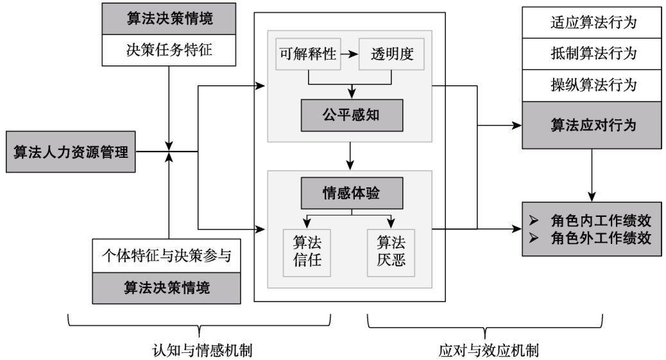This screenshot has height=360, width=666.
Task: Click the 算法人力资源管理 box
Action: pyautogui.click(x=71, y=151)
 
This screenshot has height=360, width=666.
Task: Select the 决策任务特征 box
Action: pyautogui.click(x=169, y=50)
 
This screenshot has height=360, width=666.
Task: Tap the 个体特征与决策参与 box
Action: pyautogui.click(x=167, y=255)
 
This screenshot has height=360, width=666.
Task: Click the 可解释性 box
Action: pyautogui.click(x=308, y=54)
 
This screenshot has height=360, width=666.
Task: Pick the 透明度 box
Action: pyautogui.click(x=391, y=54)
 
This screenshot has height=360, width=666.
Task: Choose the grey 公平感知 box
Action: pyautogui.click(x=352, y=115)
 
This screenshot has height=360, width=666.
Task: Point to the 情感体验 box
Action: pyautogui.click(x=352, y=193)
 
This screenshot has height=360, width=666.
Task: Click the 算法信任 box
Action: pyautogui.click(x=307, y=253)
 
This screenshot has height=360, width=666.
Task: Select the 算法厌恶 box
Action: pyautogui.click(x=391, y=253)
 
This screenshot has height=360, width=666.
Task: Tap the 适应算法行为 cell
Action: pyautogui.click(x=592, y=22)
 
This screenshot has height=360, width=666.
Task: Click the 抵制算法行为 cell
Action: pyautogui.click(x=592, y=54)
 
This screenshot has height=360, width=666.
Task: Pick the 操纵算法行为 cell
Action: pyautogui.click(x=592, y=85)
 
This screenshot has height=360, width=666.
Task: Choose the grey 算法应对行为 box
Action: pyautogui.click(x=592, y=125)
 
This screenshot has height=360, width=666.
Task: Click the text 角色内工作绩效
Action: pyautogui.click(x=601, y=221)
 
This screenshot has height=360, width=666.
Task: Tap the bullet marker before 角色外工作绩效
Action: pyautogui.click(x=533, y=237)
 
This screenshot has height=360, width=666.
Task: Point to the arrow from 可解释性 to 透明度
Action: pyautogui.click(x=349, y=54)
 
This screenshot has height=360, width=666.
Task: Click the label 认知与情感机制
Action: pyautogui.click(x=201, y=350)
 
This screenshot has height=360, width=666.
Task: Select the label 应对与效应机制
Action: pyautogui.click(x=488, y=350)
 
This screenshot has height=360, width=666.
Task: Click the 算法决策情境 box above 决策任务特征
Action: pyautogui.click(x=169, y=19)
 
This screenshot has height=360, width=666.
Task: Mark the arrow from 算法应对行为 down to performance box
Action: pyautogui.click(x=592, y=175)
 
